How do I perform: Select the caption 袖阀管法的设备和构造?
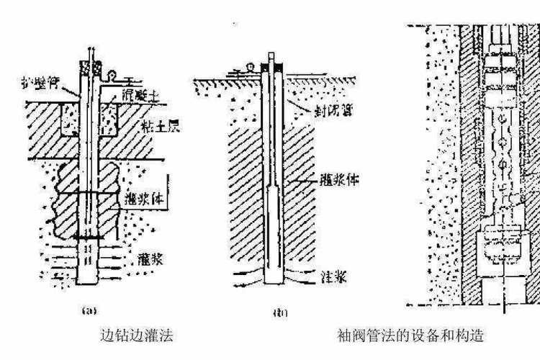[409, 336]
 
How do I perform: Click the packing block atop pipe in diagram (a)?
[89, 67]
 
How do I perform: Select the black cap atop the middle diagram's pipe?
[273, 68]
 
